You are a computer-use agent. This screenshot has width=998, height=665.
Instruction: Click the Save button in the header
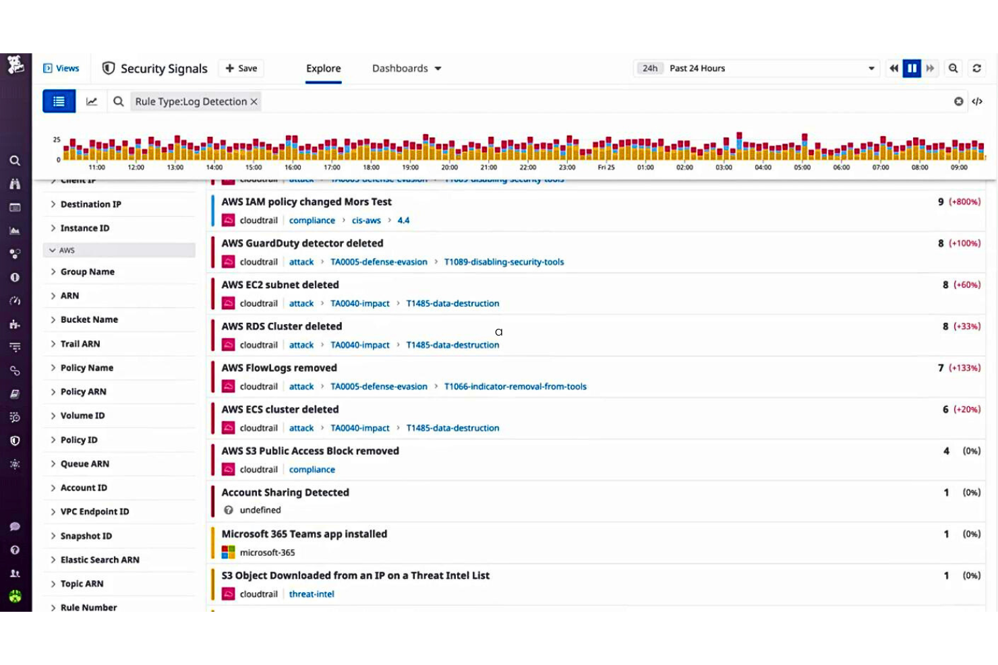[241, 68]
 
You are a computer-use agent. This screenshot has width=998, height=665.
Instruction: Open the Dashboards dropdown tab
[407, 68]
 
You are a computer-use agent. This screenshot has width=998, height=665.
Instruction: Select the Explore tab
[323, 68]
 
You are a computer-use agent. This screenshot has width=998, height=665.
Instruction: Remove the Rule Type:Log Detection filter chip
[254, 102]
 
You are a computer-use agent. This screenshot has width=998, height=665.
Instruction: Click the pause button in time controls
[912, 68]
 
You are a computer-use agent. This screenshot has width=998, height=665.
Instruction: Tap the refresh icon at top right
[976, 68]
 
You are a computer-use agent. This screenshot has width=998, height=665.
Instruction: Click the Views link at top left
[61, 68]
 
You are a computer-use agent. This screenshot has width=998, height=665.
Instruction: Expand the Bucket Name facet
[89, 319]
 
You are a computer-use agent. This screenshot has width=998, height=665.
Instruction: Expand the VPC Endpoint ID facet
[94, 511]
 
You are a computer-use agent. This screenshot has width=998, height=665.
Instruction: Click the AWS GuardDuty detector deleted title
[302, 243]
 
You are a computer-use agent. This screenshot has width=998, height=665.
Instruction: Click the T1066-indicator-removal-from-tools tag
[515, 387]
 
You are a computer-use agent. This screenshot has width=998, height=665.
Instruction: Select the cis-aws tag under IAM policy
[366, 220]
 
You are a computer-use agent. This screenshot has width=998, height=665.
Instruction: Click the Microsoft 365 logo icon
[229, 552]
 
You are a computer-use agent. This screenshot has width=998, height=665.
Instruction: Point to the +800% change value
[964, 201]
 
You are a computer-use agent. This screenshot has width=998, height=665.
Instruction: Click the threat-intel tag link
[312, 594]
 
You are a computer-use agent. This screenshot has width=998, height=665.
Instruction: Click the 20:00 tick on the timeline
[450, 167]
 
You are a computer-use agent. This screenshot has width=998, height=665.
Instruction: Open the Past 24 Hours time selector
[755, 68]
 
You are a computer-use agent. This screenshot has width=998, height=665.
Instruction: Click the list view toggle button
[59, 102]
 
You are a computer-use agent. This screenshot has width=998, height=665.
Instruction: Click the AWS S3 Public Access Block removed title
[310, 451]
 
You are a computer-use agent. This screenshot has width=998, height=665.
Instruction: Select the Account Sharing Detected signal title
[285, 493]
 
